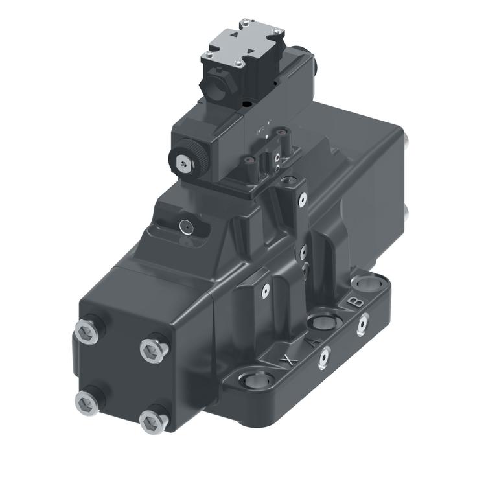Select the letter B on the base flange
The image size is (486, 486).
pos(354,302)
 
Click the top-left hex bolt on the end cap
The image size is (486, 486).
pos(86,333)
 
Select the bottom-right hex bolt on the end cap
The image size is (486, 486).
pos(152,421)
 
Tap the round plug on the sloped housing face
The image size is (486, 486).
pos(185,226)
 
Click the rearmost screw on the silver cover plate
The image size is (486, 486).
pos(244,24)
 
